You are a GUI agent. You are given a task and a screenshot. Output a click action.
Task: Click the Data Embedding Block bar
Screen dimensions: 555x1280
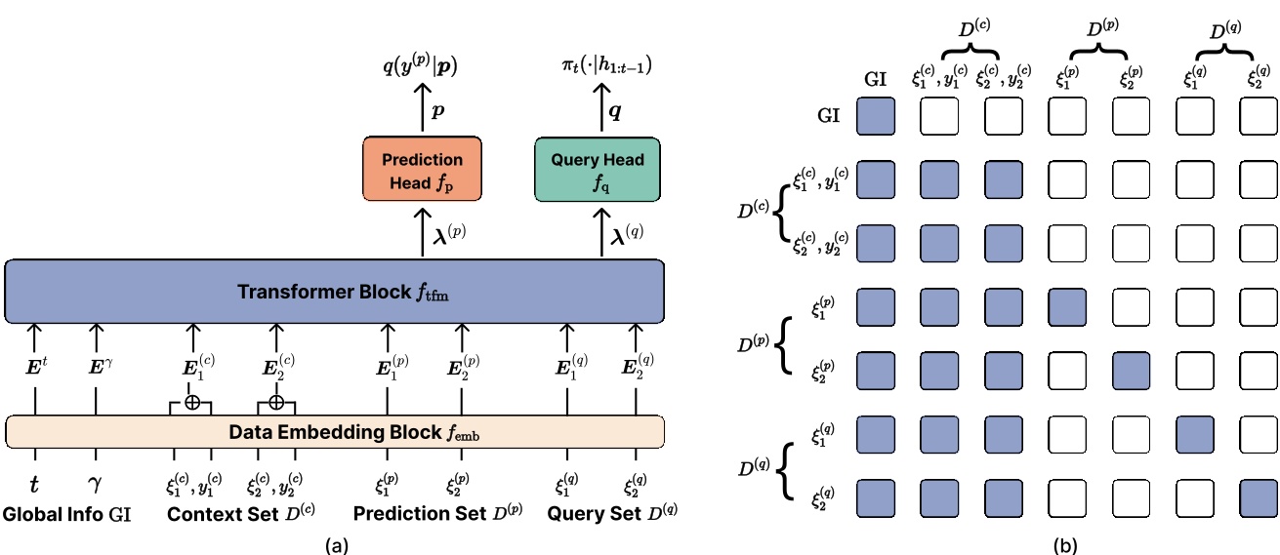coord(336,431)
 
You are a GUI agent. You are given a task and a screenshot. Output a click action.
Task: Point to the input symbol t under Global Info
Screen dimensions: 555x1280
coord(35,484)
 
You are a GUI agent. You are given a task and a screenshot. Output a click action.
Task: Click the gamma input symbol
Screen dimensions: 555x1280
coord(96,484)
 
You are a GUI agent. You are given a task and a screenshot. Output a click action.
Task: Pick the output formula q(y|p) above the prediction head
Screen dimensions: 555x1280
coord(421,65)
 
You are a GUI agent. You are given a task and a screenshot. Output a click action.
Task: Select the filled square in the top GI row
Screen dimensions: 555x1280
coord(877,116)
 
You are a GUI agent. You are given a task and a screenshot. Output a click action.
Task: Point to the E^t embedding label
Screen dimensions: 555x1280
coord(35,370)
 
